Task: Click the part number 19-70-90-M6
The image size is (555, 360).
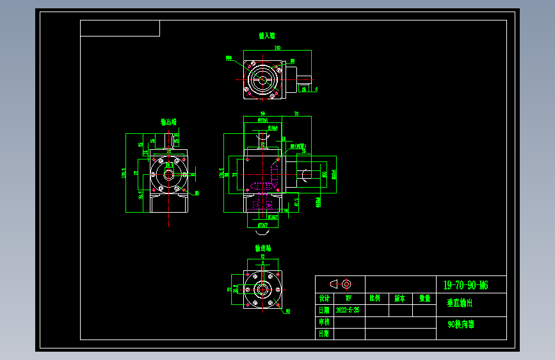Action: click(465, 285)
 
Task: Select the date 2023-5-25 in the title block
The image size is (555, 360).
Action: click(348, 310)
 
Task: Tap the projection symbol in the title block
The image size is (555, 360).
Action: click(340, 284)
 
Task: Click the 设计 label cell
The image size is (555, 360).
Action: click(325, 299)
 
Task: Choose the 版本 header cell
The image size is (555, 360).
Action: click(399, 299)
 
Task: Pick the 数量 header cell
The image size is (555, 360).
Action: click(424, 299)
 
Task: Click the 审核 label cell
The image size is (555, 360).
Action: click(325, 322)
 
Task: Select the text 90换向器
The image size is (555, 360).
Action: click(461, 325)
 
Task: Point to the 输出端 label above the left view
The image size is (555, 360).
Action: click(168, 121)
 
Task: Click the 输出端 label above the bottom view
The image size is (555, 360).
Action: click(262, 247)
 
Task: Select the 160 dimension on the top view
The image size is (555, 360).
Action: click(277, 47)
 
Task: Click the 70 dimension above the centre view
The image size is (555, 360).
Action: click(296, 114)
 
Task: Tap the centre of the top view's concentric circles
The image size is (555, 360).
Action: click(262, 80)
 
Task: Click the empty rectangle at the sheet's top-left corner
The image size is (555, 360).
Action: click(120, 28)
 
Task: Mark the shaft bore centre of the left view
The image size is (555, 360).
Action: click(169, 173)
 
